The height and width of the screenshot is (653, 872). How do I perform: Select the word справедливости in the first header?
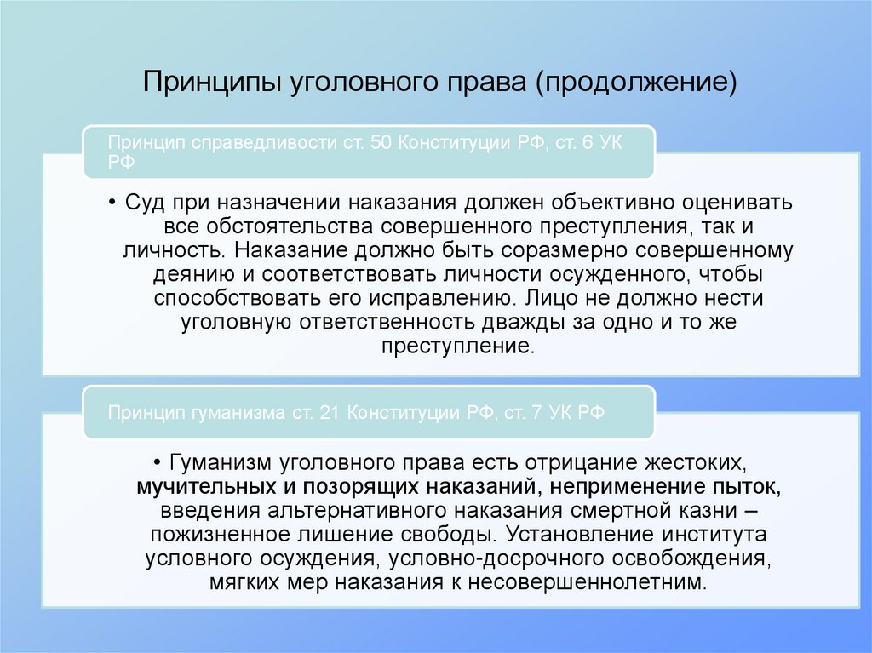point(255,141)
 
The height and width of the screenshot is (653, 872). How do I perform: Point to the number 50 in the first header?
point(380,141)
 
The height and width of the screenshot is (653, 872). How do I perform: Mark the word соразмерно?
point(606,252)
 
